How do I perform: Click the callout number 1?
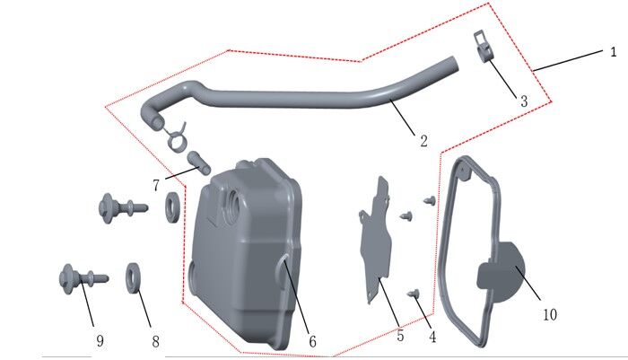pos(614,52)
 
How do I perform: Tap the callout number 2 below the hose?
pos(423,141)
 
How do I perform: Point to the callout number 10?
pos(550,314)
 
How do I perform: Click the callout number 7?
pos(156,185)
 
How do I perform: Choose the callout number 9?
pos(100,340)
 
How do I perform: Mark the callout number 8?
pos(155,341)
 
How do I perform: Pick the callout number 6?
pos(312,341)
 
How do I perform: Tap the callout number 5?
pos(400,336)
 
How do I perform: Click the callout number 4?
pos(432,338)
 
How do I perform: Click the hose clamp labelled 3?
pos(482,48)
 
